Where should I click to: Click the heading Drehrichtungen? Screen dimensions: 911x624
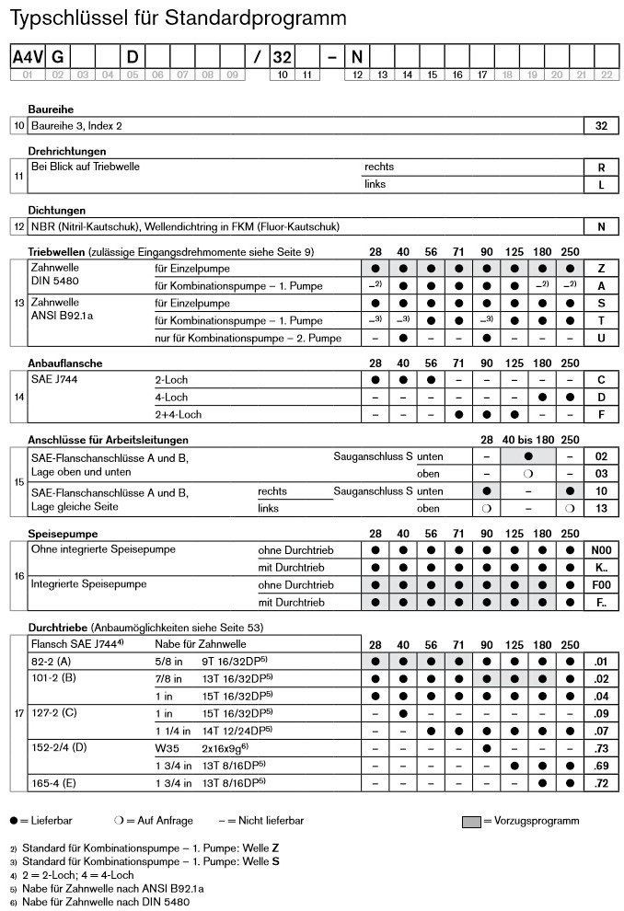pyautogui.click(x=67, y=150)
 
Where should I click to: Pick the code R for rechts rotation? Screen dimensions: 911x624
pyautogui.click(x=602, y=167)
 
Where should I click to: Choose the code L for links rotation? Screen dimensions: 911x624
pyautogui.click(x=602, y=185)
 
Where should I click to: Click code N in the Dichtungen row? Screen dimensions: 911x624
pyautogui.click(x=602, y=226)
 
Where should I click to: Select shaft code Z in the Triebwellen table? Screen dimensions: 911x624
pyautogui.click(x=602, y=268)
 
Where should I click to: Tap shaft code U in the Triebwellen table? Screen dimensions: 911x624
pyautogui.click(x=602, y=338)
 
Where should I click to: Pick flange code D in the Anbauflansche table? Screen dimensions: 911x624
pyautogui.click(x=602, y=397)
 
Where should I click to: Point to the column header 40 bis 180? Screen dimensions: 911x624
pyautogui.click(x=527, y=440)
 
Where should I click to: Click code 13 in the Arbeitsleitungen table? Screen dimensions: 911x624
pyautogui.click(x=602, y=508)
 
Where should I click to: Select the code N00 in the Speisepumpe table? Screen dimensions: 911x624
pyautogui.click(x=602, y=549)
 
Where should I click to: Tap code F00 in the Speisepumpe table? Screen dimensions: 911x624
pyautogui.click(x=602, y=584)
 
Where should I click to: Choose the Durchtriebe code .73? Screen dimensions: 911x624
pyautogui.click(x=602, y=747)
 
